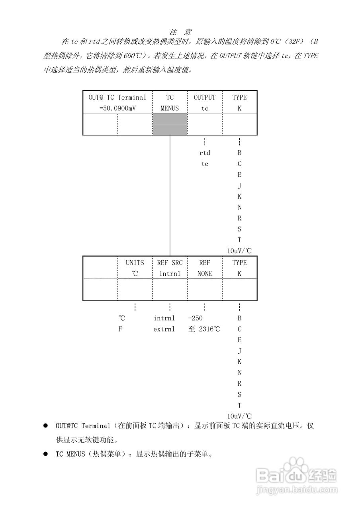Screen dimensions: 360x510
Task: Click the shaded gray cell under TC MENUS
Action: click(x=170, y=124)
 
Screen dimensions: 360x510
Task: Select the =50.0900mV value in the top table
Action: click(x=117, y=108)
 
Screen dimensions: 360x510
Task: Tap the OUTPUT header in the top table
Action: click(x=204, y=97)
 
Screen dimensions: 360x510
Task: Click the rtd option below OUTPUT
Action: click(x=204, y=153)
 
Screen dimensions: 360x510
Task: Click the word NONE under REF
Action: click(x=204, y=274)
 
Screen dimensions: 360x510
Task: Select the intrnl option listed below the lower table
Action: click(x=164, y=318)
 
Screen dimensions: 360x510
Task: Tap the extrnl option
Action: click(x=164, y=329)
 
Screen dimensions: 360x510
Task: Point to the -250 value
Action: click(x=196, y=318)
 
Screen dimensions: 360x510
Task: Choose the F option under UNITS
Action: click(x=120, y=329)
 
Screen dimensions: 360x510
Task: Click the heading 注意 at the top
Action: click(x=180, y=32)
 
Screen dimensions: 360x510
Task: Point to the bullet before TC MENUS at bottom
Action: click(x=45, y=454)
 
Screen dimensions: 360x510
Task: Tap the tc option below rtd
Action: click(x=204, y=164)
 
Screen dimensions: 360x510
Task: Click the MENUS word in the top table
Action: click(x=170, y=108)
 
